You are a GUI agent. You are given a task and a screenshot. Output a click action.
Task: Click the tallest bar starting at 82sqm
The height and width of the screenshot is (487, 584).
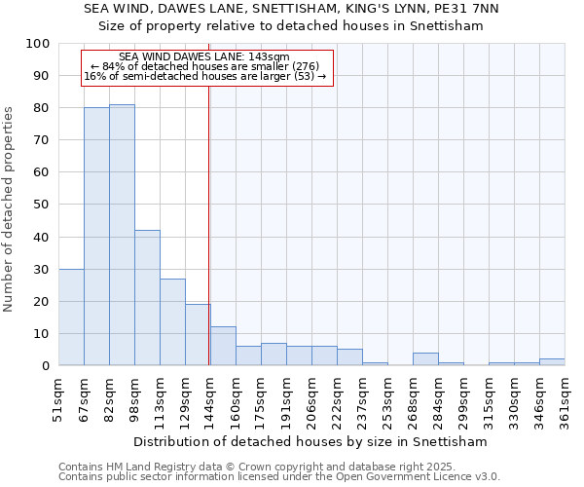click(x=122, y=235)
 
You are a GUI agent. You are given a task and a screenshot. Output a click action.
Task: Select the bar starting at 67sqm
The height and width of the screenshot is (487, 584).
click(x=96, y=237)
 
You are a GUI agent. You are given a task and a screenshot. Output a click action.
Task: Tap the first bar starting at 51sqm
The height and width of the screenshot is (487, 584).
click(x=71, y=318)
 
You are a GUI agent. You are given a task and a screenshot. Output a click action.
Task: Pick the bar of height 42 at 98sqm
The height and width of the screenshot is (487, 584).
click(x=147, y=298)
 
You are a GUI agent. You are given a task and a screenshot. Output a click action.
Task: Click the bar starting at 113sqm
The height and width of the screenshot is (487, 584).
click(x=172, y=322)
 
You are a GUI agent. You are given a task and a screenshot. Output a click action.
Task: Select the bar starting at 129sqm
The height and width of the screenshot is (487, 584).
click(x=198, y=335)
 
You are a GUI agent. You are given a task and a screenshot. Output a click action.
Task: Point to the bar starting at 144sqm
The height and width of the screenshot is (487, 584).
click(x=223, y=347)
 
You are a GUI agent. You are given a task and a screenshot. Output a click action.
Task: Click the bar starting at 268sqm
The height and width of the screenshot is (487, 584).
click(x=425, y=359)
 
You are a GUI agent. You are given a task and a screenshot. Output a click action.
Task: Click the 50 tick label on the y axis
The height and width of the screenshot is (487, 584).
click(x=41, y=205)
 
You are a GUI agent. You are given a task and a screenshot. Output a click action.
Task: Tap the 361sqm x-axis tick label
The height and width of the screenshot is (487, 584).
click(x=566, y=400)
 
